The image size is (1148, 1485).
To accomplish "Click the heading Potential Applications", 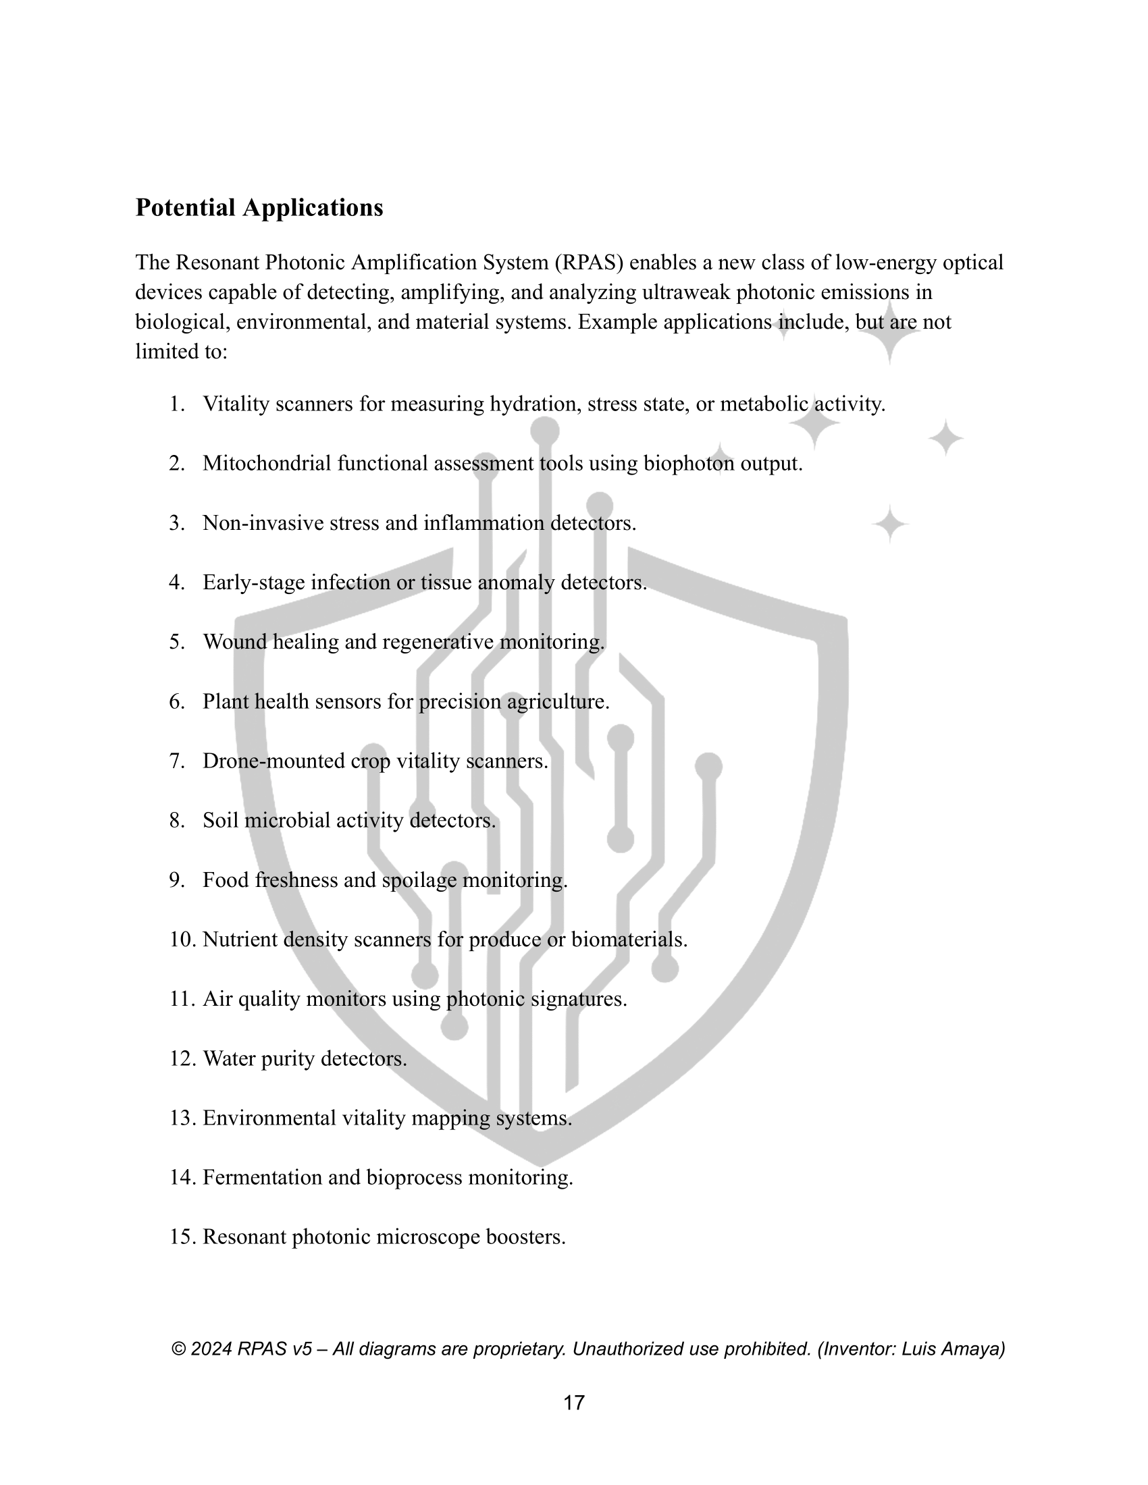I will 259,208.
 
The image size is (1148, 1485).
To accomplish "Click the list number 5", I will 177,642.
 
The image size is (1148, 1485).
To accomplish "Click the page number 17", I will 574,1403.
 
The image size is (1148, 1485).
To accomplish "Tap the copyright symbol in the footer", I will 179,1349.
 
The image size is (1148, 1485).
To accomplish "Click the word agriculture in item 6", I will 557,702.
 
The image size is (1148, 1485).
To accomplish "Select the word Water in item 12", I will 229,1058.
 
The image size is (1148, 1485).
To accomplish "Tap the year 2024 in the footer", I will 211,1349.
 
